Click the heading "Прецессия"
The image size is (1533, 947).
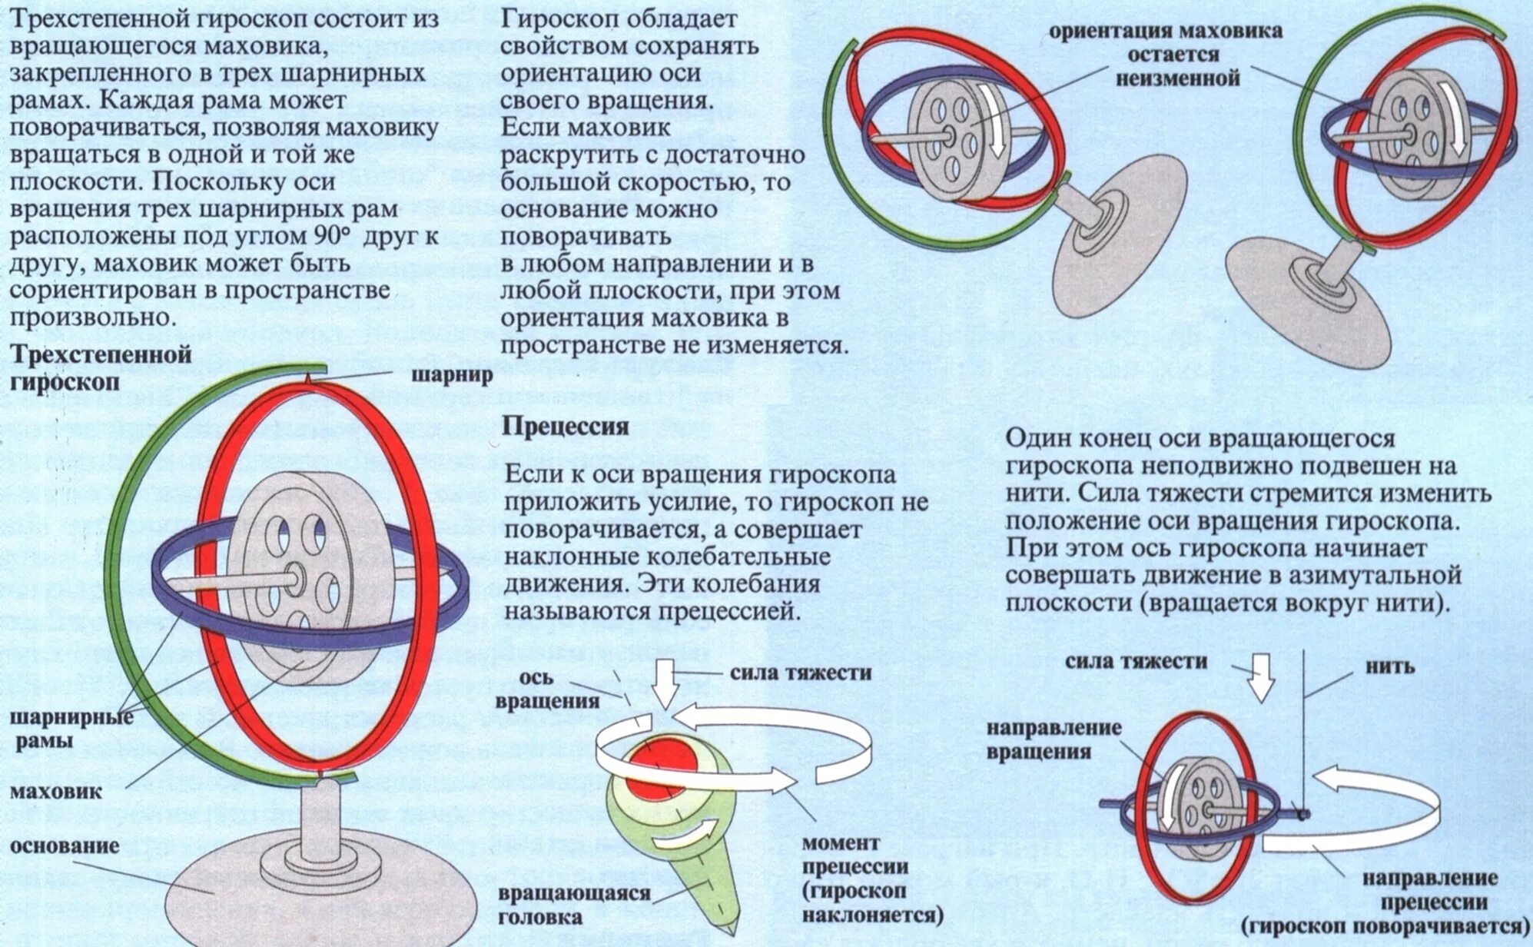[565, 427]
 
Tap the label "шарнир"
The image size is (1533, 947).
[452, 376]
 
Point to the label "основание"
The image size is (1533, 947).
[65, 846]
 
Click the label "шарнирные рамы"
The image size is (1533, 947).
[71, 729]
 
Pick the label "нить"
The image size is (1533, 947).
[1390, 666]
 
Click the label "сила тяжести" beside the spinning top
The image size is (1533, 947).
[801, 673]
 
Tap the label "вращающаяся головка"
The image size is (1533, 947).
[574, 905]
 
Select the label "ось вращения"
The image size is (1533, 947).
[547, 689]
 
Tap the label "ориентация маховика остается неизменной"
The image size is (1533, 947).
[1166, 55]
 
